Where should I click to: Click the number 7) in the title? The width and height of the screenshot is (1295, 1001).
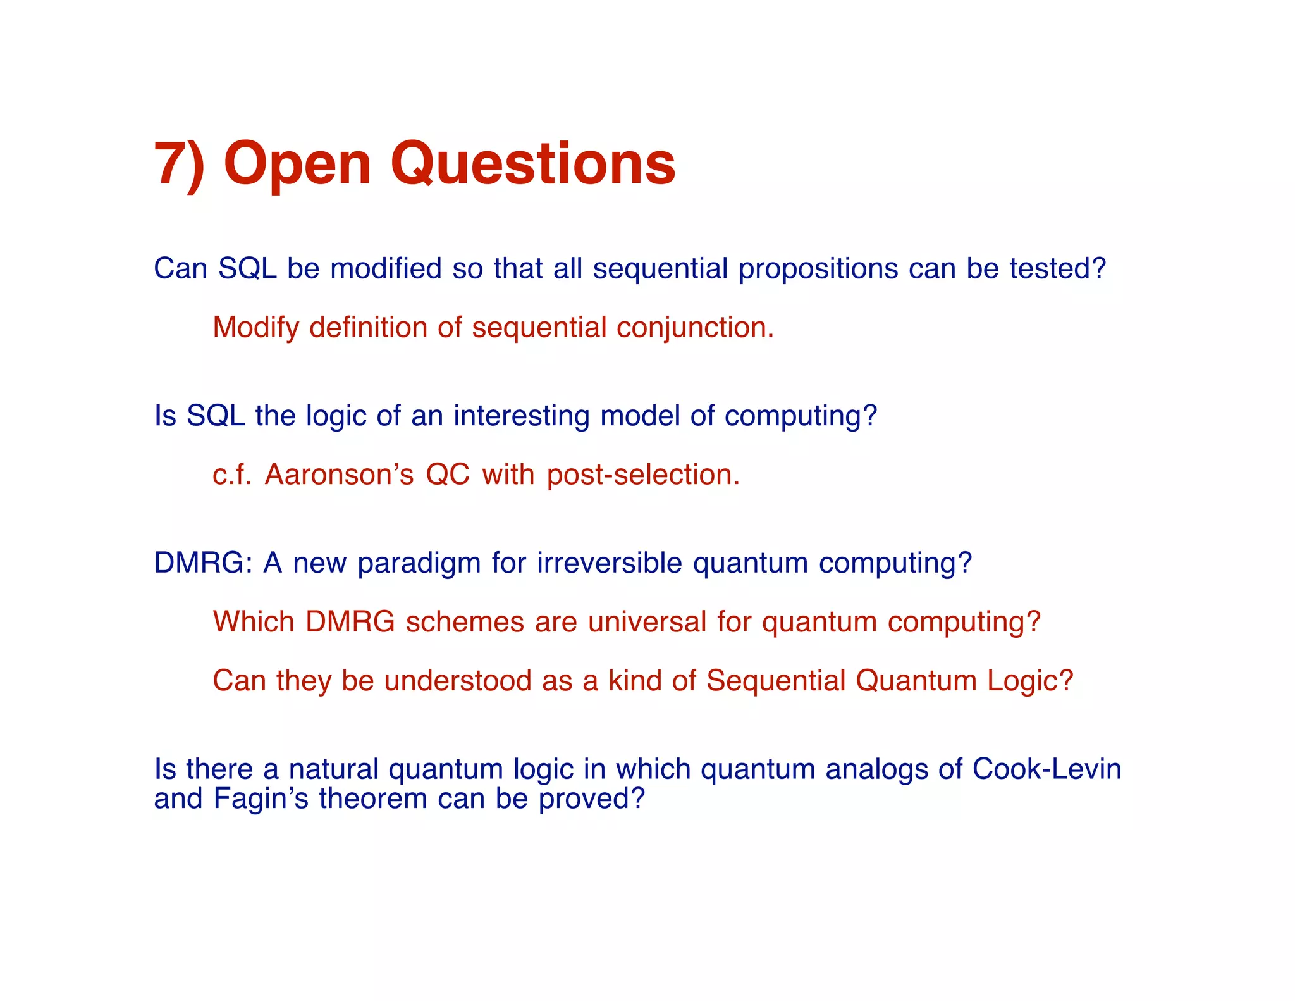point(180,165)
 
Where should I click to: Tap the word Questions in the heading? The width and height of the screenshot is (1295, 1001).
point(533,165)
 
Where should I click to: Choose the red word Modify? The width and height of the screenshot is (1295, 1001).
point(256,328)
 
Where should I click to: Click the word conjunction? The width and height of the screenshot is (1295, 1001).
point(695,328)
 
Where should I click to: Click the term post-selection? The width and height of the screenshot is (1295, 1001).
point(643,475)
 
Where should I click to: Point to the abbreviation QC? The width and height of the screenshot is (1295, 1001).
point(448,475)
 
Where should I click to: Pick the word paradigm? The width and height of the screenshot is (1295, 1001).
point(419,564)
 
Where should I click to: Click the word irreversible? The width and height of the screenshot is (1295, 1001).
point(610,563)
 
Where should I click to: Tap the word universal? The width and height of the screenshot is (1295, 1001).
point(647,622)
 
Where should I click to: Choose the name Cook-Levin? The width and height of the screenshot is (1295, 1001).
point(1046,769)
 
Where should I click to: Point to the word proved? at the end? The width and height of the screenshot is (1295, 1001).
point(591,799)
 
